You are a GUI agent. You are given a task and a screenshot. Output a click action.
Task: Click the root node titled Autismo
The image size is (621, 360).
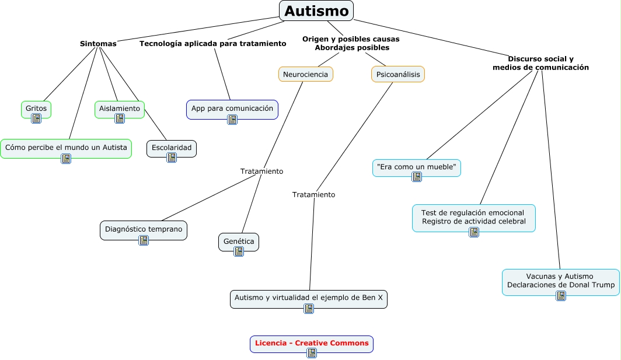[x=316, y=11]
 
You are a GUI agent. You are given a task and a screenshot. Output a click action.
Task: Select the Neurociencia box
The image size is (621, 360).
[x=305, y=75]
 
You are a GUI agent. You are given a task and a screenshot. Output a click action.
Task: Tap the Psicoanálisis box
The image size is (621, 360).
[x=397, y=75]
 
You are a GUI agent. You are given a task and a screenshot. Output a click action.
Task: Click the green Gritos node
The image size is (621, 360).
[x=36, y=109]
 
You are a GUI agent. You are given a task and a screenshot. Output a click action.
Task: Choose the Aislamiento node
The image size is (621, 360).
[x=120, y=109]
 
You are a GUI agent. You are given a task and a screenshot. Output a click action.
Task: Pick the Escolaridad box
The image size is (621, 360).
[x=171, y=148]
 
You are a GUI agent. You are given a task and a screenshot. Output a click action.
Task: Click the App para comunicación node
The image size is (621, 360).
[x=232, y=109]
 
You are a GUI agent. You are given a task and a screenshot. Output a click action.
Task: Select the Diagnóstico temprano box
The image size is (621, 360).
[x=144, y=229]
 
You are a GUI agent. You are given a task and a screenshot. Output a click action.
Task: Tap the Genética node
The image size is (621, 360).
[x=238, y=241]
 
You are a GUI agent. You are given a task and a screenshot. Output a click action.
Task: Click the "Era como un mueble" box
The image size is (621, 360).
[x=416, y=167]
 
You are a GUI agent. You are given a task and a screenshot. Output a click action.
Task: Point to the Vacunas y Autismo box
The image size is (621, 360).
[x=560, y=281]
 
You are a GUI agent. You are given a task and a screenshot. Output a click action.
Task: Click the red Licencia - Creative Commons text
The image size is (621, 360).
[x=312, y=343]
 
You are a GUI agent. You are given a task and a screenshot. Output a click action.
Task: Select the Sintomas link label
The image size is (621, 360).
[x=98, y=44]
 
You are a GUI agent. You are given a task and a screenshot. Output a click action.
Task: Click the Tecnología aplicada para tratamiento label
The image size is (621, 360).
[x=212, y=44]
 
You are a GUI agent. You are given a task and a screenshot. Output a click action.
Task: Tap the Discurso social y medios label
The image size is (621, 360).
[x=540, y=63]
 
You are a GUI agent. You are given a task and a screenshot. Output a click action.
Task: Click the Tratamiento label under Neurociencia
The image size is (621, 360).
[x=261, y=172]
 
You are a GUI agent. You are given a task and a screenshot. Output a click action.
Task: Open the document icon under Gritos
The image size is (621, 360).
[x=36, y=118]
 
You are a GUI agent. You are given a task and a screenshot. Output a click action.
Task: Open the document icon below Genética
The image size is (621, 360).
[x=239, y=251]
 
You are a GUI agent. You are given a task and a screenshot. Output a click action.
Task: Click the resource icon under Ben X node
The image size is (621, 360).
[x=309, y=309]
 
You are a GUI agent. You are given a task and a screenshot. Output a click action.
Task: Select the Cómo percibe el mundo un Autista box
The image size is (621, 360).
[x=66, y=148]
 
